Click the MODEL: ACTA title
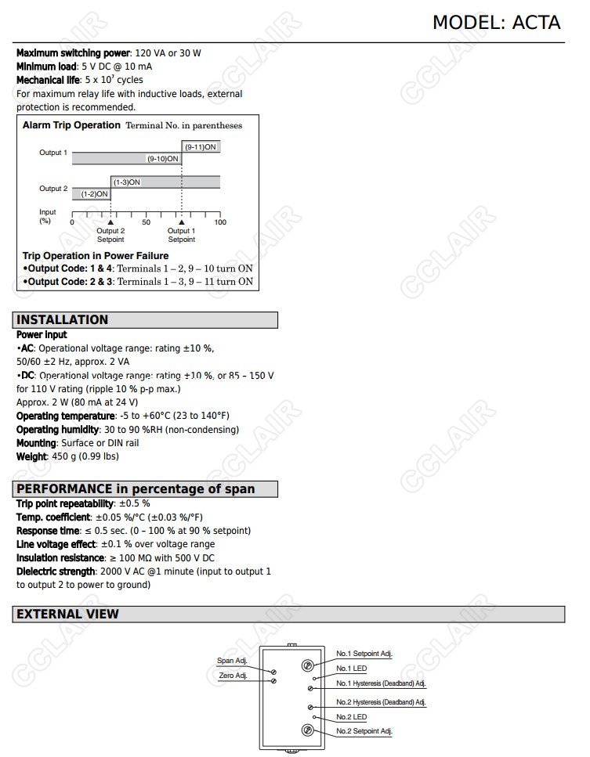496,23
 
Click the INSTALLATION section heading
62,319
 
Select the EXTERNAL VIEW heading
67,614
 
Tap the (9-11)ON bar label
201,146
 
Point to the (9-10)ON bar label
163,159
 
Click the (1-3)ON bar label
126,182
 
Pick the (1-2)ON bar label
94,194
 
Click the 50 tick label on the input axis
146,222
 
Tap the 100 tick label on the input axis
220,222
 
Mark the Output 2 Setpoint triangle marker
110,222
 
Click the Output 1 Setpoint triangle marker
182,222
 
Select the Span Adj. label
231,661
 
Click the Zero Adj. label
232,676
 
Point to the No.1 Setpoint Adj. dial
308,665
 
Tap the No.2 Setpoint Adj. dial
308,730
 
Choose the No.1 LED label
351,669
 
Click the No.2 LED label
351,717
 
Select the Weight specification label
32,456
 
